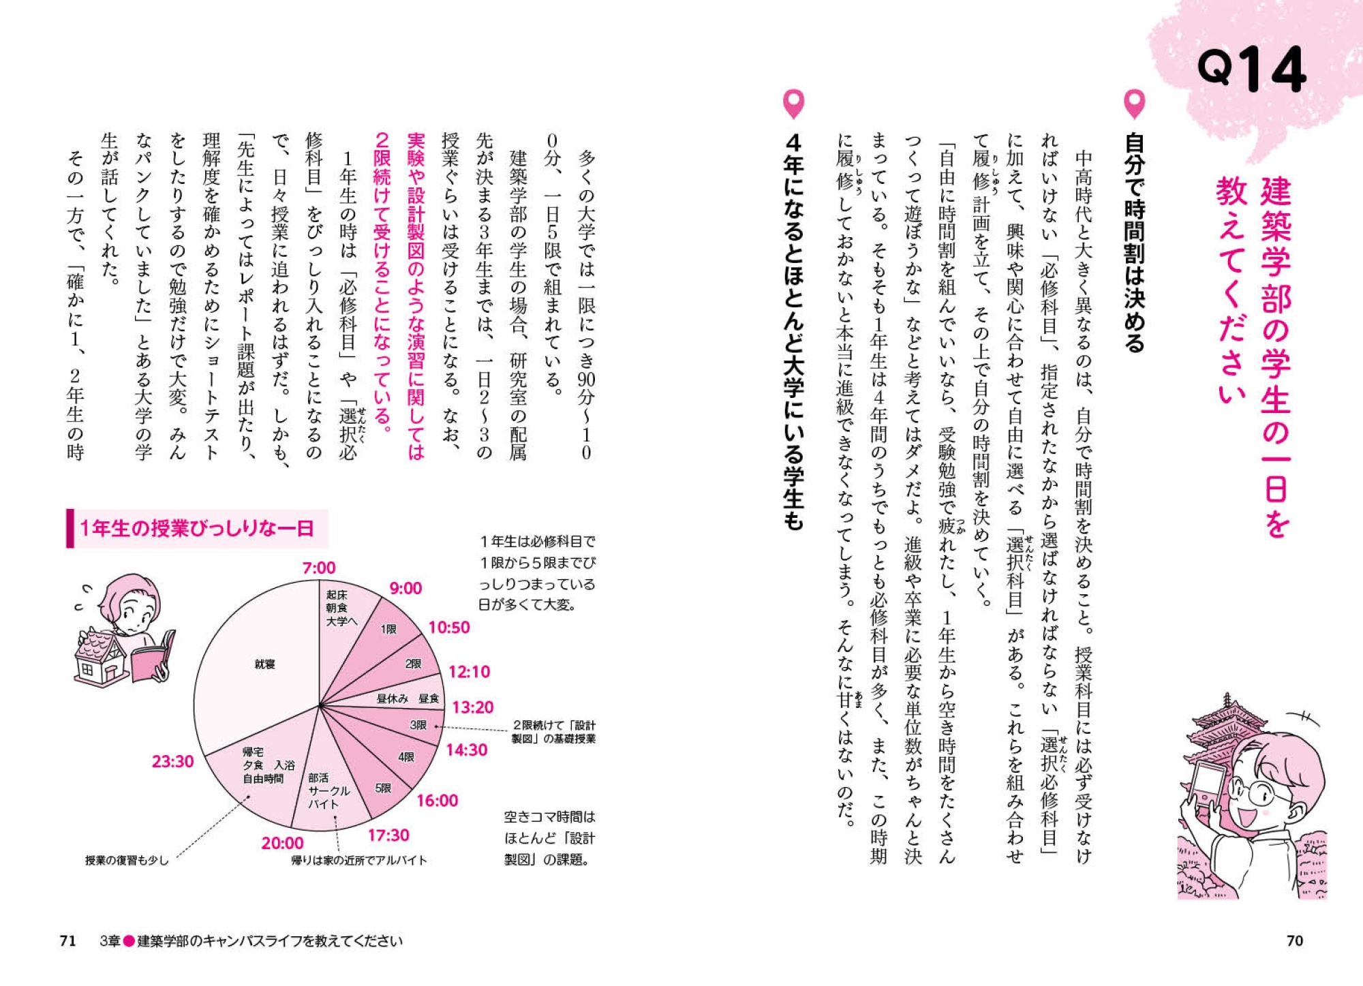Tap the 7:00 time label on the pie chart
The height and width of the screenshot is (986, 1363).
(319, 568)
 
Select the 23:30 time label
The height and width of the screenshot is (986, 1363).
(172, 761)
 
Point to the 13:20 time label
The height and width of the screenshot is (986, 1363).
(472, 707)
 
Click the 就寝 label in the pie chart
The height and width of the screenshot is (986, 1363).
(264, 664)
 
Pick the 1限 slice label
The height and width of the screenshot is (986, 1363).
(388, 629)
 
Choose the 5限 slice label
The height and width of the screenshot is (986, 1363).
(384, 788)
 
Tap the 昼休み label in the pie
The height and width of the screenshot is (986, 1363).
(393, 698)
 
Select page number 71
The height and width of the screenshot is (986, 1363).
(67, 941)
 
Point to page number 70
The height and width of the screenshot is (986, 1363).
(1294, 941)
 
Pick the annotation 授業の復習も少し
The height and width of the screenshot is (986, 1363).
(126, 861)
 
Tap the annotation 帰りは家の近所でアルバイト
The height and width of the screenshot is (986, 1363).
(359, 861)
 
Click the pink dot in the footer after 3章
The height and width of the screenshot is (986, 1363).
(128, 941)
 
